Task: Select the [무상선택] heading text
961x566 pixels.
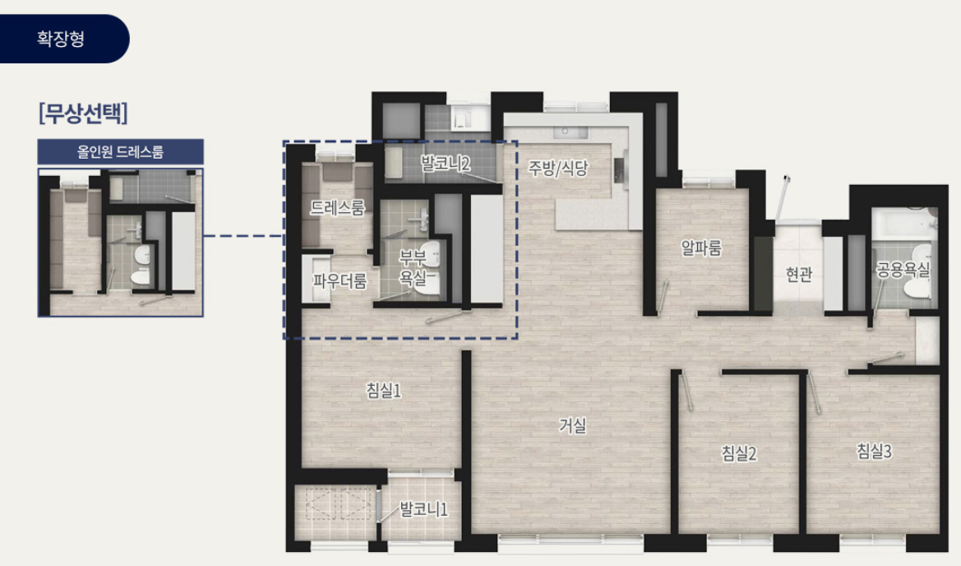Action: [83, 113]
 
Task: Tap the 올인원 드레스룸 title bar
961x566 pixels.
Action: [120, 151]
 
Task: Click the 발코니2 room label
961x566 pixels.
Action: [446, 163]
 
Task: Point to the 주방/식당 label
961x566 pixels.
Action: [557, 168]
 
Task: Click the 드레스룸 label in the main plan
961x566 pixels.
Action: [337, 207]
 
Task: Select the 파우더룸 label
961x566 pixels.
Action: [340, 281]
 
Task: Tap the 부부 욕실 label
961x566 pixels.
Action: [413, 267]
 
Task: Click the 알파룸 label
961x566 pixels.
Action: [701, 248]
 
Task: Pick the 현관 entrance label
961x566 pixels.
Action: [798, 273]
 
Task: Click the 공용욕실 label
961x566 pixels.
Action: [903, 270]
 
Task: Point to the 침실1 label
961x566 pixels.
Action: [383, 390]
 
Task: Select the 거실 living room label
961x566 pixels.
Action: [572, 425]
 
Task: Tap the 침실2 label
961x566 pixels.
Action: [738, 453]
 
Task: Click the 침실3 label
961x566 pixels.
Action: [873, 452]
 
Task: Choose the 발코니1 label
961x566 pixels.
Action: [423, 509]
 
